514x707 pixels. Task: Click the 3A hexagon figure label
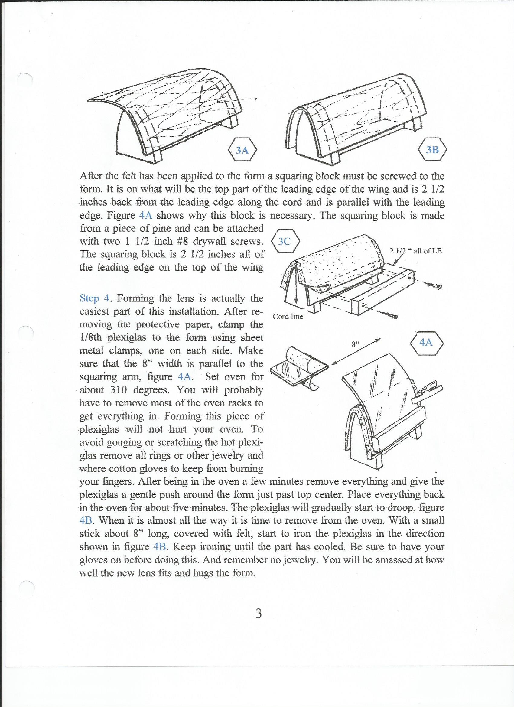click(242, 151)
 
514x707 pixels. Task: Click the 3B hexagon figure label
click(432, 150)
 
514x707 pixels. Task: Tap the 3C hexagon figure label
click(285, 241)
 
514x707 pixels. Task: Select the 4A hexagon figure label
click(426, 343)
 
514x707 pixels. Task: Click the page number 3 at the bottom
click(258, 614)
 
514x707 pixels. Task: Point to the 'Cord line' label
click(288, 317)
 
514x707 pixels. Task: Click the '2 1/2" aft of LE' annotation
click(415, 251)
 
